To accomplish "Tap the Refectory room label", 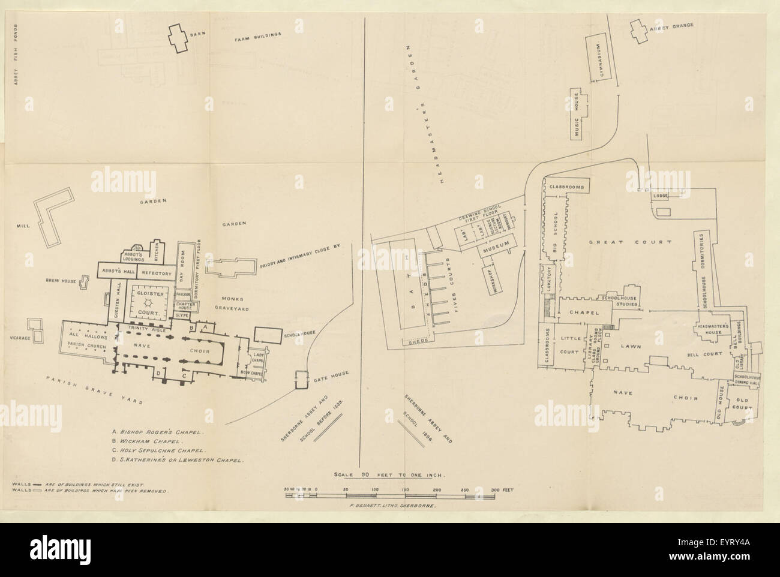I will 157,273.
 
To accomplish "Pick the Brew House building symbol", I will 85,282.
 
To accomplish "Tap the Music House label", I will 576,118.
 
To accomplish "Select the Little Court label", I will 568,342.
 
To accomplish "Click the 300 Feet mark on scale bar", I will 500,491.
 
